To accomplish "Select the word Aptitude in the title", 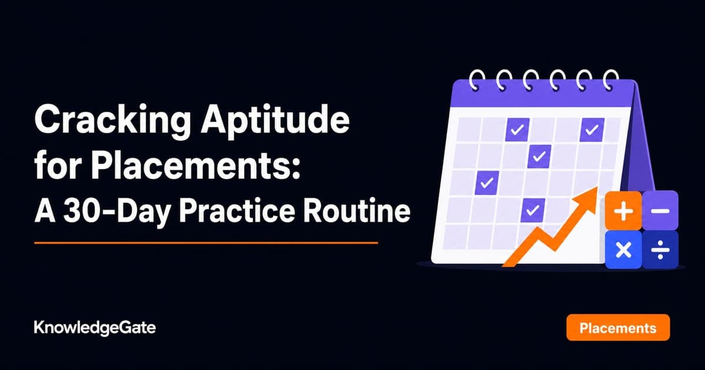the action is [276, 120].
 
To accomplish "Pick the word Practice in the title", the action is [237, 210].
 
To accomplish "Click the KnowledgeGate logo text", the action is [95, 328].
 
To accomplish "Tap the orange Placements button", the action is [618, 328].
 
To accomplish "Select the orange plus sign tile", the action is [623, 210].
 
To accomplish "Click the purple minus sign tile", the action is [660, 210].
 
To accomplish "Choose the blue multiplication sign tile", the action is [623, 250].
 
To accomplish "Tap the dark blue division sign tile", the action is [660, 250].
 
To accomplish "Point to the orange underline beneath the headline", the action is [206, 243].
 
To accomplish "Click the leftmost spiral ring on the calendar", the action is [477, 80].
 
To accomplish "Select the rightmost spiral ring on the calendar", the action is [612, 80].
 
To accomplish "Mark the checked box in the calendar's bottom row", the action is [533, 210].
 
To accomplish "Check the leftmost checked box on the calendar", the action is [486, 183].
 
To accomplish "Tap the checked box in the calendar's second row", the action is [539, 156].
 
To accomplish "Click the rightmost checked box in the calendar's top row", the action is [592, 130].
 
